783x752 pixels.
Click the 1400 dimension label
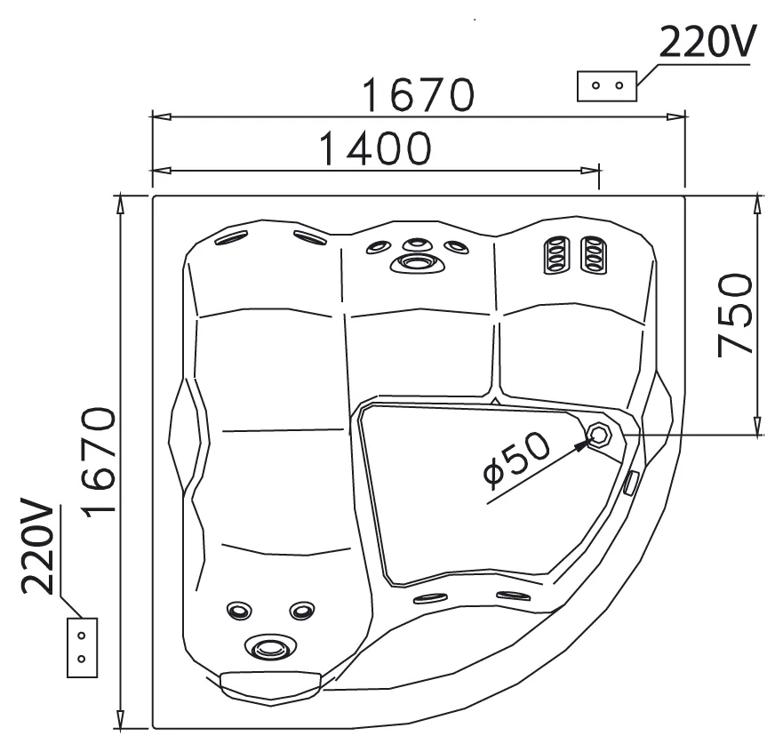coord(374,148)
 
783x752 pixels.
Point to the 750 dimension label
coord(734,315)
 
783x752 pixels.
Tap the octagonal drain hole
coord(599,435)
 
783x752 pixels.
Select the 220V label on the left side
coord(37,546)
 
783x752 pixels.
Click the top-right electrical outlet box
coord(607,86)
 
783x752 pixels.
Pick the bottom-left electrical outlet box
coord(83,648)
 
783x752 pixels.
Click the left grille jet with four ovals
coord(555,254)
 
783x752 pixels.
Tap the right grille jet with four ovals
coord(594,254)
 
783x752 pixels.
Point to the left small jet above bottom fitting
coord(239,610)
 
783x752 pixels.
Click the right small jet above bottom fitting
coord(302,610)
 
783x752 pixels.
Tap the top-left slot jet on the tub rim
coord(231,238)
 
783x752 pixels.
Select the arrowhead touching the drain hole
coord(580,444)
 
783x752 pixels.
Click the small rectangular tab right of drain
coord(631,483)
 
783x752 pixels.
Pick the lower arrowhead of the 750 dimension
coord(758,425)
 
